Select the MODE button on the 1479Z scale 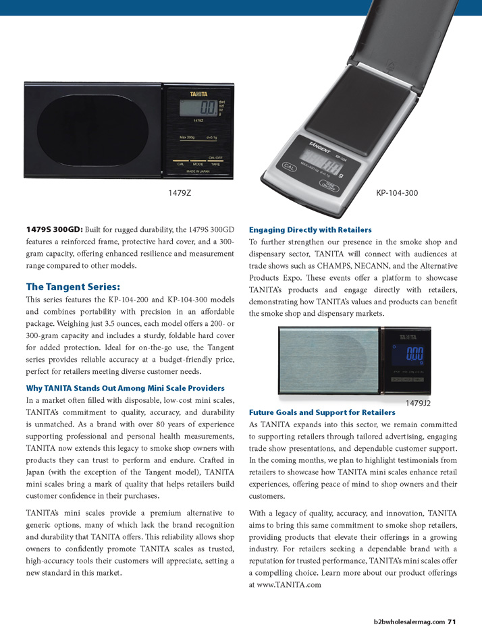tap(198, 164)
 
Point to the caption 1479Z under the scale tap(180, 193)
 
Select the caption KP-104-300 tap(396, 193)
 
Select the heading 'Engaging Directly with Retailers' tap(310, 229)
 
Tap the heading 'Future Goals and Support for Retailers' tap(322, 412)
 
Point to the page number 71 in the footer tap(452, 622)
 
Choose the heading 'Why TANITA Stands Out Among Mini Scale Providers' tap(125, 388)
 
